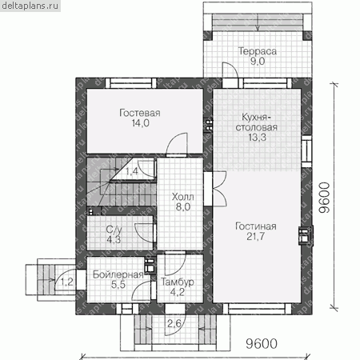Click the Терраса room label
pos(258,51)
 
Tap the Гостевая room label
pos(140,113)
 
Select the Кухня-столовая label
pos(257,122)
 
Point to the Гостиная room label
pos(256,226)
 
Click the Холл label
pos(183,197)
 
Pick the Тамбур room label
pos(178,282)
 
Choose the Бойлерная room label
pos(118,274)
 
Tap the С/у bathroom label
pos(114,230)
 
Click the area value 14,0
pos(140,123)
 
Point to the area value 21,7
pos(255,236)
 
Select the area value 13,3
pos(257,138)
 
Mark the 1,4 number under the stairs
pos(132,171)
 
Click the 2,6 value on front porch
pos(174,324)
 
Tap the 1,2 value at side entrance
pos(67,282)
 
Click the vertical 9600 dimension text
pos(324,198)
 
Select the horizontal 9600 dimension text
pos(262,344)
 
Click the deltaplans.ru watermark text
pos(30,6)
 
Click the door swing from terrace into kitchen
pos(230,70)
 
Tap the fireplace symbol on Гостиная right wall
pos(305,235)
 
